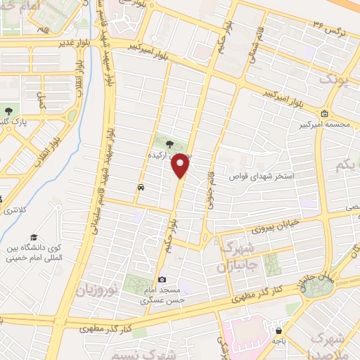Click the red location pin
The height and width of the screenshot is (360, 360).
tap(181, 166)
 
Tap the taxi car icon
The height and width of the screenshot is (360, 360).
tap(141, 188)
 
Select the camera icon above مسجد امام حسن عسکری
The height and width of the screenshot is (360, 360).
tap(162, 280)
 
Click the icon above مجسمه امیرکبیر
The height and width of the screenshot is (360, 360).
tap(324, 115)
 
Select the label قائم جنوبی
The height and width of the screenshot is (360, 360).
tap(210, 191)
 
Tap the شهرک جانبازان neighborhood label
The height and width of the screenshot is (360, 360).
tap(231, 257)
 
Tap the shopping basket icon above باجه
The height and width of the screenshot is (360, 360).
tap(280, 330)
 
